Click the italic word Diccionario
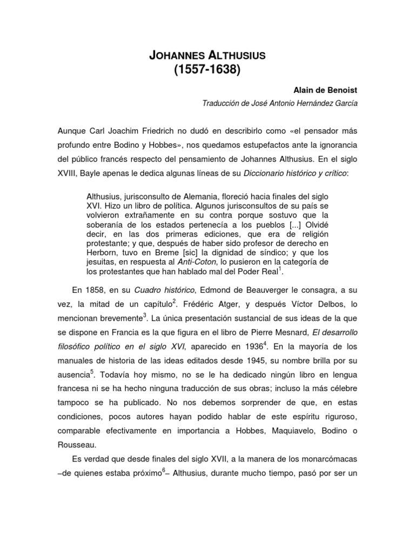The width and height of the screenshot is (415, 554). pyautogui.click(x=269, y=173)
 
